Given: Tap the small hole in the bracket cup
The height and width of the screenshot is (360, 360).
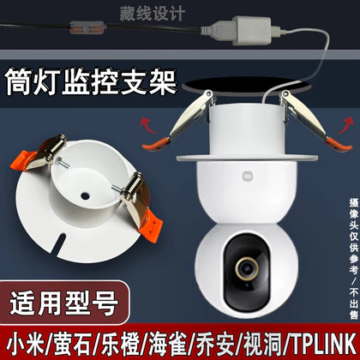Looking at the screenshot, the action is [85, 195].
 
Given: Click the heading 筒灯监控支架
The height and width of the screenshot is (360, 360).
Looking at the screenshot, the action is [91, 81].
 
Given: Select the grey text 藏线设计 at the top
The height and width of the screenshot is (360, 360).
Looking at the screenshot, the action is [153, 13].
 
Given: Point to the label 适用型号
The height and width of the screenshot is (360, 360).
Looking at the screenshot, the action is [64, 303].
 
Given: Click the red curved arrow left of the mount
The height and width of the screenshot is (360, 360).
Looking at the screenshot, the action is [147, 125].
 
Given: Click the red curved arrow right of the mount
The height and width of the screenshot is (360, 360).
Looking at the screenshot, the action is [345, 125].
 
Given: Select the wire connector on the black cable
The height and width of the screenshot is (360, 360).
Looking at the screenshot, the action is [87, 27].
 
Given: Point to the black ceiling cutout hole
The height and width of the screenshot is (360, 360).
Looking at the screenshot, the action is [246, 85].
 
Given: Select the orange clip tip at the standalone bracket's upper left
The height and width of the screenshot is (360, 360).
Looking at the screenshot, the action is [22, 160].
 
